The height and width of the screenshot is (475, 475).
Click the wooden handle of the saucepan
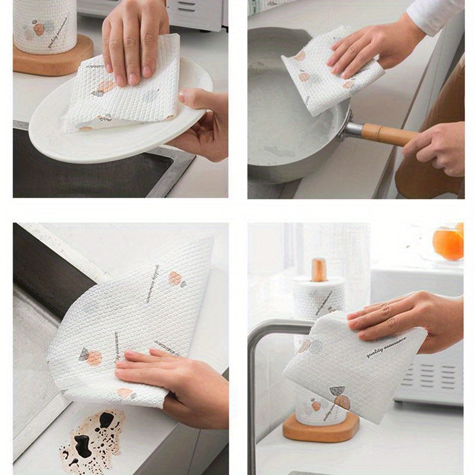pos(389,134)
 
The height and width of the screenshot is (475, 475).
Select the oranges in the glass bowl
pos(449,242)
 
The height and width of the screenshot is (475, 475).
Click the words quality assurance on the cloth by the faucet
pos(386,347)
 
